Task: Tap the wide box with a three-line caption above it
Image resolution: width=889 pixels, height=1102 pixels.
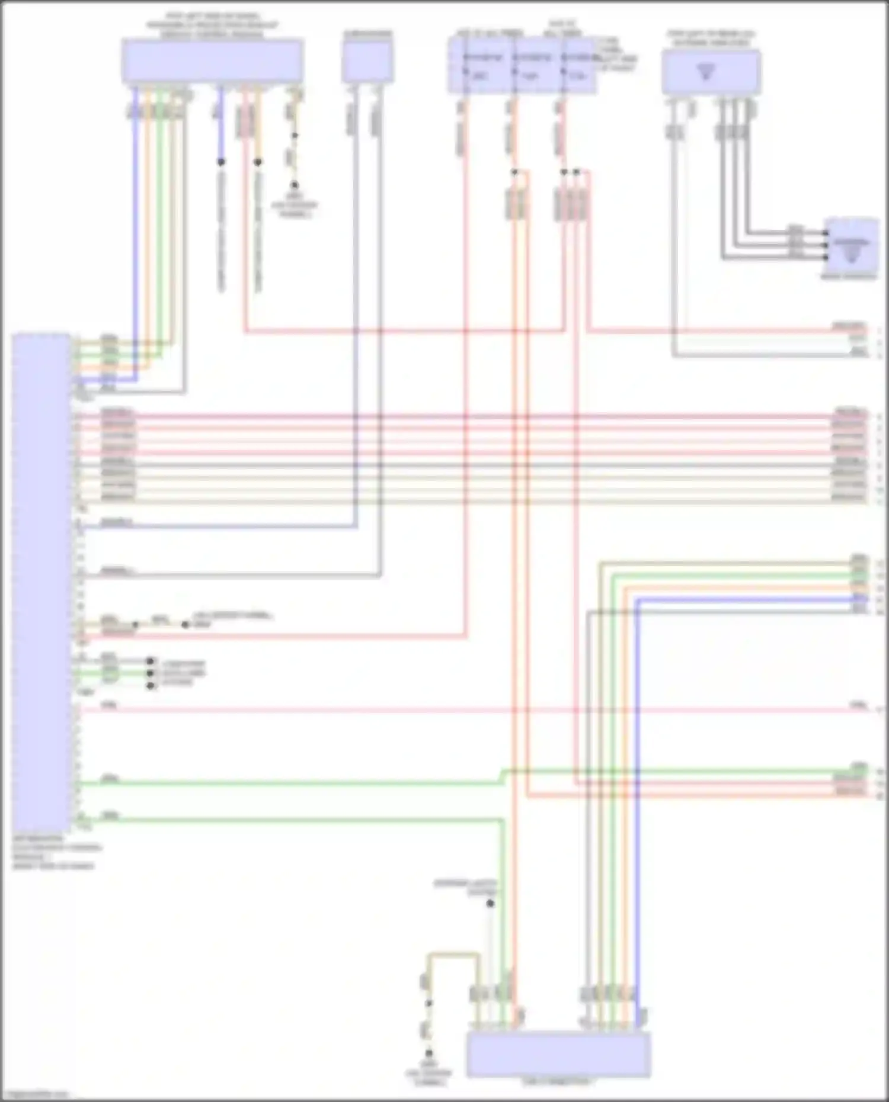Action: pos(213,60)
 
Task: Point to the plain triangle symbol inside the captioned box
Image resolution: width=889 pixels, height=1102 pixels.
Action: pos(706,72)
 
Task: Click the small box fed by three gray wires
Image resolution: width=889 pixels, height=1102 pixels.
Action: pos(852,245)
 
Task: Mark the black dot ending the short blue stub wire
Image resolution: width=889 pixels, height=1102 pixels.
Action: pos(220,162)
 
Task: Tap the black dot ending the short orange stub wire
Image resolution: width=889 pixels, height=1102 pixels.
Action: pos(258,162)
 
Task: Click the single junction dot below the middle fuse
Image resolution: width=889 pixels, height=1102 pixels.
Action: pos(514,172)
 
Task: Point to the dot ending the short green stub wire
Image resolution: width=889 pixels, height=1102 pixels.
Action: pos(151,673)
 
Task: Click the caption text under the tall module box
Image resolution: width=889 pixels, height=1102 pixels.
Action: pos(53,853)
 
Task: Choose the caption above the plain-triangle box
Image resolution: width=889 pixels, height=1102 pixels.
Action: pos(711,38)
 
